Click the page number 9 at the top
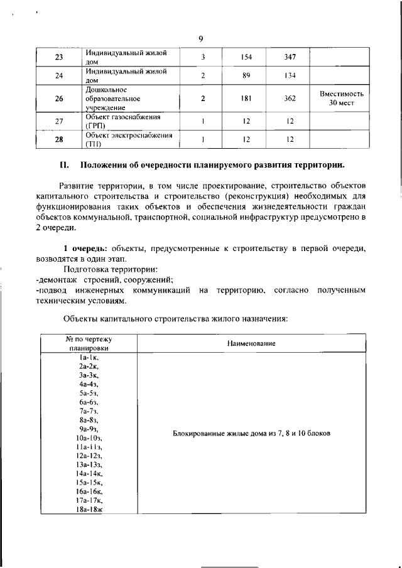(200, 39)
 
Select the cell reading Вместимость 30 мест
(342, 99)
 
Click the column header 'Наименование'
(251, 343)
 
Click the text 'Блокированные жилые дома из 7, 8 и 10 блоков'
(251, 434)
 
